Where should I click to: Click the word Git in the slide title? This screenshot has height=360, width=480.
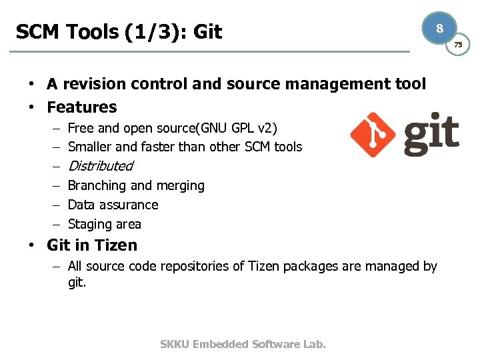[x=207, y=31]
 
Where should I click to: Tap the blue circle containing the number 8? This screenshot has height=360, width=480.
[x=439, y=29]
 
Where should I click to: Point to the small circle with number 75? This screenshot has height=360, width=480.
[x=458, y=45]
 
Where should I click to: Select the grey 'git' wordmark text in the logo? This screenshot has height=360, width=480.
[x=431, y=135]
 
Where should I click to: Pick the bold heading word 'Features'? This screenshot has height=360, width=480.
[x=81, y=107]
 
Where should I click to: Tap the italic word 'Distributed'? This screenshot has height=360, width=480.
[x=101, y=166]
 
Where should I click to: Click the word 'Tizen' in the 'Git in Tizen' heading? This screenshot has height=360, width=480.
[x=115, y=245]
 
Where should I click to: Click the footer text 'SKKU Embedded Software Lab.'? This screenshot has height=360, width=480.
[x=243, y=344]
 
